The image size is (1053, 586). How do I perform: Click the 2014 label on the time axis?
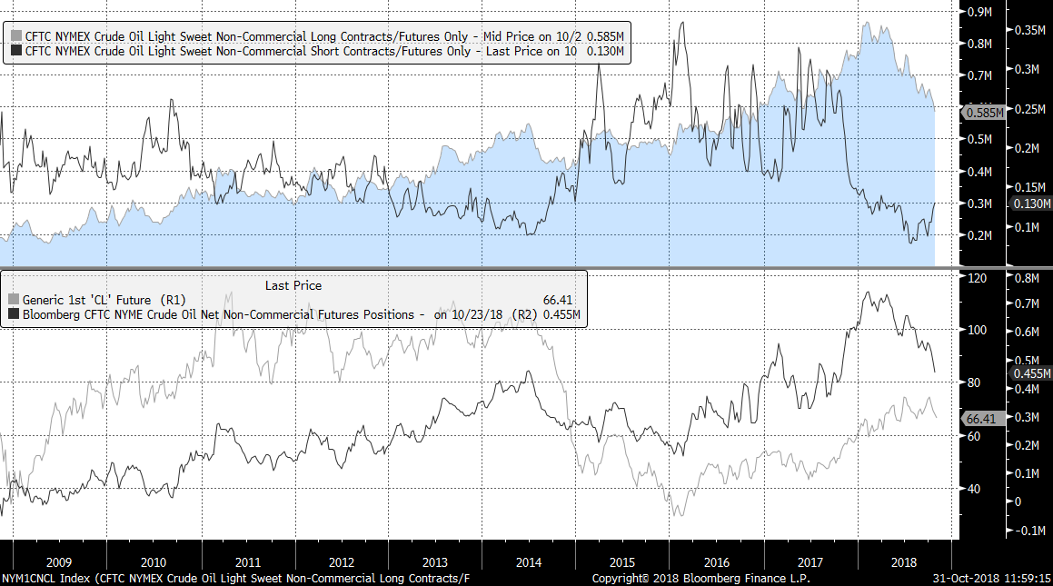(x=529, y=562)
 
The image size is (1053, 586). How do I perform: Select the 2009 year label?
(x=58, y=562)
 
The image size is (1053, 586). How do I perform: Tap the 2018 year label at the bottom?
(x=905, y=562)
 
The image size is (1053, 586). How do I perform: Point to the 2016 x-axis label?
(x=717, y=562)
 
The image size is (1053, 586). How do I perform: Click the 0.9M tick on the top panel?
(x=978, y=12)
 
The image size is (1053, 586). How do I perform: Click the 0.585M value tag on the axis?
(x=985, y=114)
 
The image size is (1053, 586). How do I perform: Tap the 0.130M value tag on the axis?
(x=1031, y=204)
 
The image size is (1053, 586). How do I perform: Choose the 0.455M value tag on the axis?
(x=1031, y=373)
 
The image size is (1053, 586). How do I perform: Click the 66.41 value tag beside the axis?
(x=982, y=419)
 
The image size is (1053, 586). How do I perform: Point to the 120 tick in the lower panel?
(x=977, y=278)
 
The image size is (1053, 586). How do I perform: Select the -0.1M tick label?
(x=1028, y=531)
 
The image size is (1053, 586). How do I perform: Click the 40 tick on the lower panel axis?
(x=973, y=489)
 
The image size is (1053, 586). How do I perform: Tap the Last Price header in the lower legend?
(x=293, y=285)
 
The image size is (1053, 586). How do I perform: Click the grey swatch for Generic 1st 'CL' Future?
(x=13, y=299)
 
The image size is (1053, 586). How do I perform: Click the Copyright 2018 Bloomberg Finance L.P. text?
(x=700, y=579)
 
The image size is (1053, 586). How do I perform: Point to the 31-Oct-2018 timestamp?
(x=992, y=579)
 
